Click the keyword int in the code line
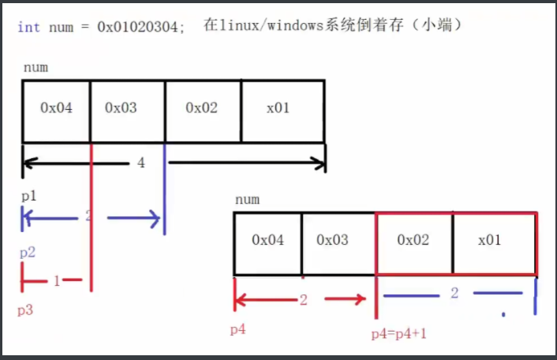pyautogui.click(x=28, y=27)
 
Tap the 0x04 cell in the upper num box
pyautogui.click(x=57, y=108)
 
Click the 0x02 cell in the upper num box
pyautogui.click(x=202, y=108)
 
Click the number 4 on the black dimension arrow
pyautogui.click(x=141, y=163)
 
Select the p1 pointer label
pyautogui.click(x=28, y=196)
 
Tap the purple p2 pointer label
pyautogui.click(x=28, y=253)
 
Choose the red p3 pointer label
pyautogui.click(x=25, y=310)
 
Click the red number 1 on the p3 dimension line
pyautogui.click(x=57, y=280)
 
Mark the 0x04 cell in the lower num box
pyautogui.click(x=267, y=240)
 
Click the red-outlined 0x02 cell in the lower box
pyautogui.click(x=413, y=240)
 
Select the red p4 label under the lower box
pyautogui.click(x=237, y=329)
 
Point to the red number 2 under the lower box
pyautogui.click(x=303, y=300)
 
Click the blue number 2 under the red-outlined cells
pyautogui.click(x=454, y=294)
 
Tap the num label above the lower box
pyautogui.click(x=247, y=201)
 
